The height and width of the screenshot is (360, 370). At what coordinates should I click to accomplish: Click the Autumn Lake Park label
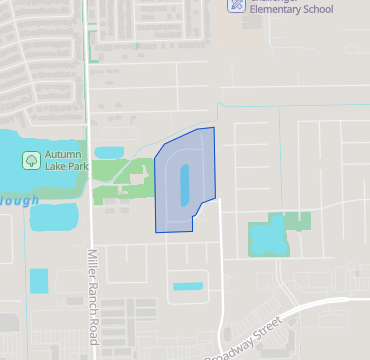(67, 161)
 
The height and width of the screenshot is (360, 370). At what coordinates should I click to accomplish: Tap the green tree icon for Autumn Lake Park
(31, 159)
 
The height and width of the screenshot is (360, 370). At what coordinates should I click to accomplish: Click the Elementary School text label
(291, 11)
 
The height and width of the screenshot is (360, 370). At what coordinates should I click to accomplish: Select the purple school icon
(237, 5)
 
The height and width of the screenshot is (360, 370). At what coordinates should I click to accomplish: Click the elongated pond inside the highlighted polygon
(185, 182)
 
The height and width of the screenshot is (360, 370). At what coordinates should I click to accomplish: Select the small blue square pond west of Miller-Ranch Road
(38, 281)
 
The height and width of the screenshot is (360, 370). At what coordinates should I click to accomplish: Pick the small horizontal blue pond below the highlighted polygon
(187, 287)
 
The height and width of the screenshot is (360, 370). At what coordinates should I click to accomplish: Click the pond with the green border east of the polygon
(267, 237)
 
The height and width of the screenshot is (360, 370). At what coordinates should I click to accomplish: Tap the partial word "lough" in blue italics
(20, 200)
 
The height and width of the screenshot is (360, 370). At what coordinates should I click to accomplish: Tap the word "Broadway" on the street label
(231, 345)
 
